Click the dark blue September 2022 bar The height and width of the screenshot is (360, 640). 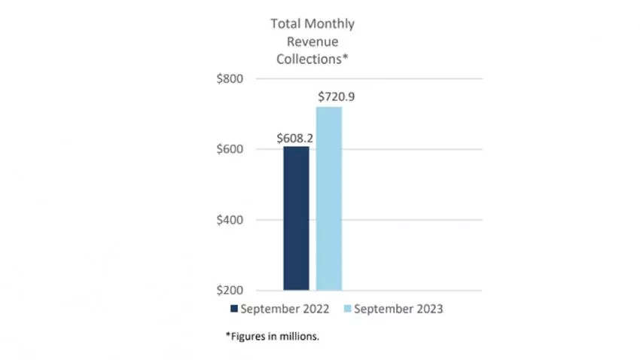click(296, 218)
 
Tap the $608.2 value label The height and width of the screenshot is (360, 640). click(296, 138)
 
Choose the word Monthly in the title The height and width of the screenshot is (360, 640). click(329, 24)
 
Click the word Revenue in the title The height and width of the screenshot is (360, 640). click(312, 42)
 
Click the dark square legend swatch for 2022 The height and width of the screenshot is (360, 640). click(233, 309)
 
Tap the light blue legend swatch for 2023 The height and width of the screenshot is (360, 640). click(349, 309)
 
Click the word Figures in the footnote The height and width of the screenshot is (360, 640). click(248, 337)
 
